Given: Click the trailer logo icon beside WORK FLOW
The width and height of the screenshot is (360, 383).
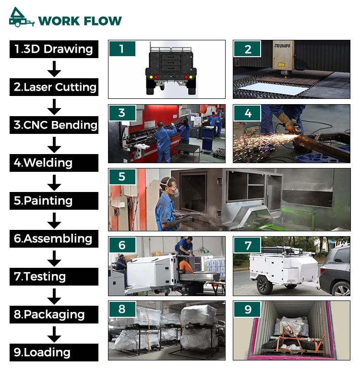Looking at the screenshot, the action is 21,17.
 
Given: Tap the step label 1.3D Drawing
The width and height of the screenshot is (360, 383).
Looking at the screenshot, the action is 54,49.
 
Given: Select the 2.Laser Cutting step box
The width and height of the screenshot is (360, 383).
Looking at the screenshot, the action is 54,87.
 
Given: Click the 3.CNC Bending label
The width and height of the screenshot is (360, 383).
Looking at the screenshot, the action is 54,125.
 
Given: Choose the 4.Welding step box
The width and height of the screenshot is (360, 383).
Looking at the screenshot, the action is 54,163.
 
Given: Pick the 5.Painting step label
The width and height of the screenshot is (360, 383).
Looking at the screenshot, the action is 54,201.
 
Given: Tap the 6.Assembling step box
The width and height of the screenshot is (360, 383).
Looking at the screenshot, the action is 54,239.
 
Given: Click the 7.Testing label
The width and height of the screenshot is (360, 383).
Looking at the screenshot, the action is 54,276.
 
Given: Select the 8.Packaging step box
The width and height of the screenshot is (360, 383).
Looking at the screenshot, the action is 54,315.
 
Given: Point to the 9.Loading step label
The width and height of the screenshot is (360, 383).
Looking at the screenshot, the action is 54,352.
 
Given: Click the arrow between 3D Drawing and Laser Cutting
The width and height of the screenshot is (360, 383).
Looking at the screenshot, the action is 54,69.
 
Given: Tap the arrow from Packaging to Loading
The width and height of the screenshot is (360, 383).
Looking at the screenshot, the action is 54,335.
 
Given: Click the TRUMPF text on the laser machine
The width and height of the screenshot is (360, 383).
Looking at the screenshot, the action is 282,46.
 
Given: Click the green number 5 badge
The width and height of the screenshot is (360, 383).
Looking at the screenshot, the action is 122,177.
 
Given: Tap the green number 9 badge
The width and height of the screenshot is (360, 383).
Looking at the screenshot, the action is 247,309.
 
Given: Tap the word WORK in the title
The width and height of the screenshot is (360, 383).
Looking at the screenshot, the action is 59,21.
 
